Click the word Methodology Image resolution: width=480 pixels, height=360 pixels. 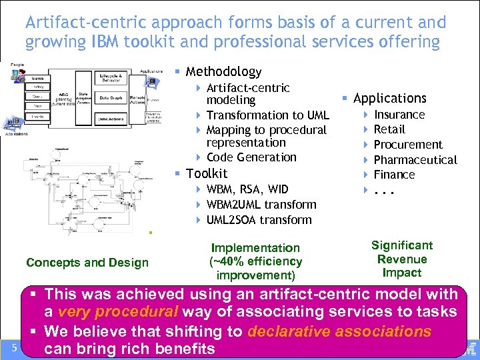[x=223, y=71]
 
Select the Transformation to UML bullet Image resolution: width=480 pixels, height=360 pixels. [x=267, y=115]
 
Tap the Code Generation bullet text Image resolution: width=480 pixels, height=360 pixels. [x=251, y=157]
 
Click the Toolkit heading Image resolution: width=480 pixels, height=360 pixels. [x=206, y=173]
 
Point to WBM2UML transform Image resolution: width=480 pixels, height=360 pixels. [x=261, y=205]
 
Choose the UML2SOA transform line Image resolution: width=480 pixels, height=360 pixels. [x=259, y=220]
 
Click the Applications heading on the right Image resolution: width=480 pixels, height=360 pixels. [x=389, y=99]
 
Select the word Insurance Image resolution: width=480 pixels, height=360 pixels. [x=399, y=115]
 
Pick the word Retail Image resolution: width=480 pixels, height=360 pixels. [x=389, y=129]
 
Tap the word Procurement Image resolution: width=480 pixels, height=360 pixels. [x=407, y=145]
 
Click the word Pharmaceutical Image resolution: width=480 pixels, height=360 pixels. [x=415, y=160]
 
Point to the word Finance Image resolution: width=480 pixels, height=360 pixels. [x=394, y=175]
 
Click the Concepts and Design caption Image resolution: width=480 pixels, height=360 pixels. [x=87, y=263]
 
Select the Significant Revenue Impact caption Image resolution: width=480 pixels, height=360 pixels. [x=402, y=259]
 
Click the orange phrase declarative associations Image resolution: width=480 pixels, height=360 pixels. [x=339, y=331]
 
